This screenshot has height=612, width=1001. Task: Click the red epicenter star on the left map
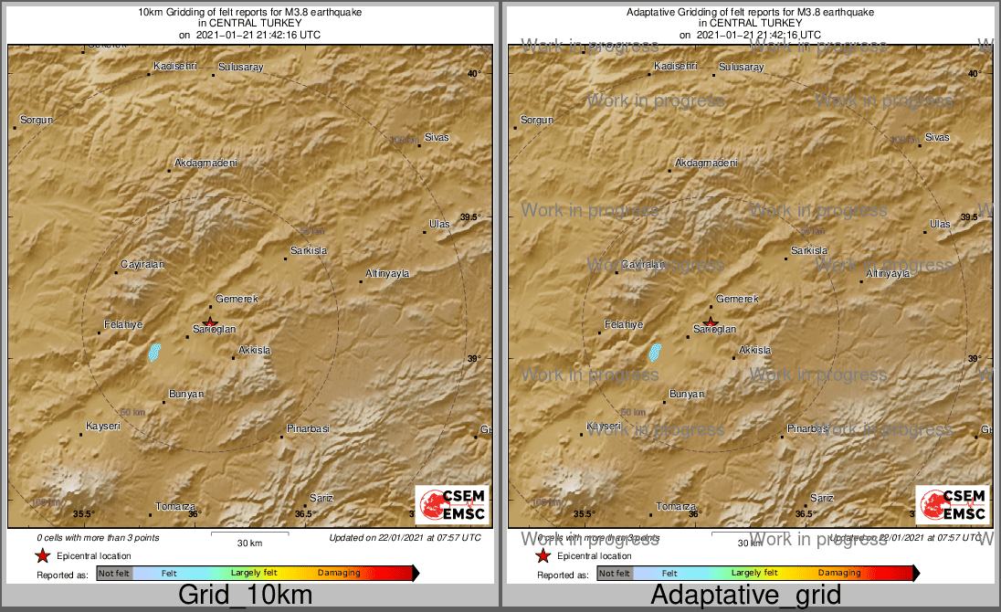[x=210, y=322]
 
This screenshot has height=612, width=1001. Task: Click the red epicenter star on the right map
[x=711, y=322]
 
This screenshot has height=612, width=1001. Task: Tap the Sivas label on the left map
[x=437, y=137]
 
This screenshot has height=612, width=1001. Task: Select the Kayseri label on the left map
[x=103, y=427]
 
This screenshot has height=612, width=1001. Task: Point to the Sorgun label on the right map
[x=537, y=120]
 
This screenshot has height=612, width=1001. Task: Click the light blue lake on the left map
[x=154, y=352]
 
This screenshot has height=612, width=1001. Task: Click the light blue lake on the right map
[x=655, y=352]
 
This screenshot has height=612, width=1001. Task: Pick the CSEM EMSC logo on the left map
[x=452, y=504]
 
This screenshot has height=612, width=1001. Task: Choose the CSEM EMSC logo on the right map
[x=953, y=504]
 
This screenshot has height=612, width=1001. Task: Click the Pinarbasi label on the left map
[x=308, y=428]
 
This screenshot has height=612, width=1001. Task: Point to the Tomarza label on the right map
[x=676, y=506]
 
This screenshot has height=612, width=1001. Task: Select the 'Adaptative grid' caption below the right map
[x=745, y=596]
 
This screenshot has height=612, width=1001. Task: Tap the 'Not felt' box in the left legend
[x=114, y=573]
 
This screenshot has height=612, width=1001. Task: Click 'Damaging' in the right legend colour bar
[x=839, y=573]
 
